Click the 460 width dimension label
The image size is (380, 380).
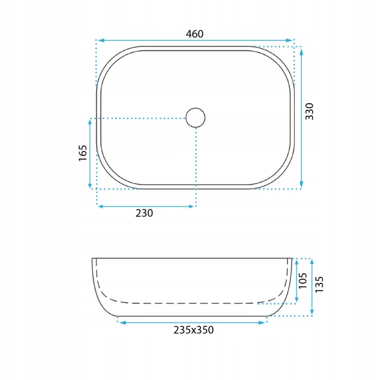(x=194, y=34)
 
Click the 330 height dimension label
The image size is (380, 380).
(x=309, y=111)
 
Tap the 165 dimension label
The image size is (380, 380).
(x=83, y=153)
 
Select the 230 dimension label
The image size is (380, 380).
(x=144, y=213)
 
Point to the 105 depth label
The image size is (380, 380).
(x=303, y=281)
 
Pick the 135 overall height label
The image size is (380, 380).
(x=319, y=284)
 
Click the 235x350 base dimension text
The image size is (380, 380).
(x=194, y=330)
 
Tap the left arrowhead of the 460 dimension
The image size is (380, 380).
(x=100, y=40)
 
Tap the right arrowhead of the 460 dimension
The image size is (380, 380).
(x=289, y=40)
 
